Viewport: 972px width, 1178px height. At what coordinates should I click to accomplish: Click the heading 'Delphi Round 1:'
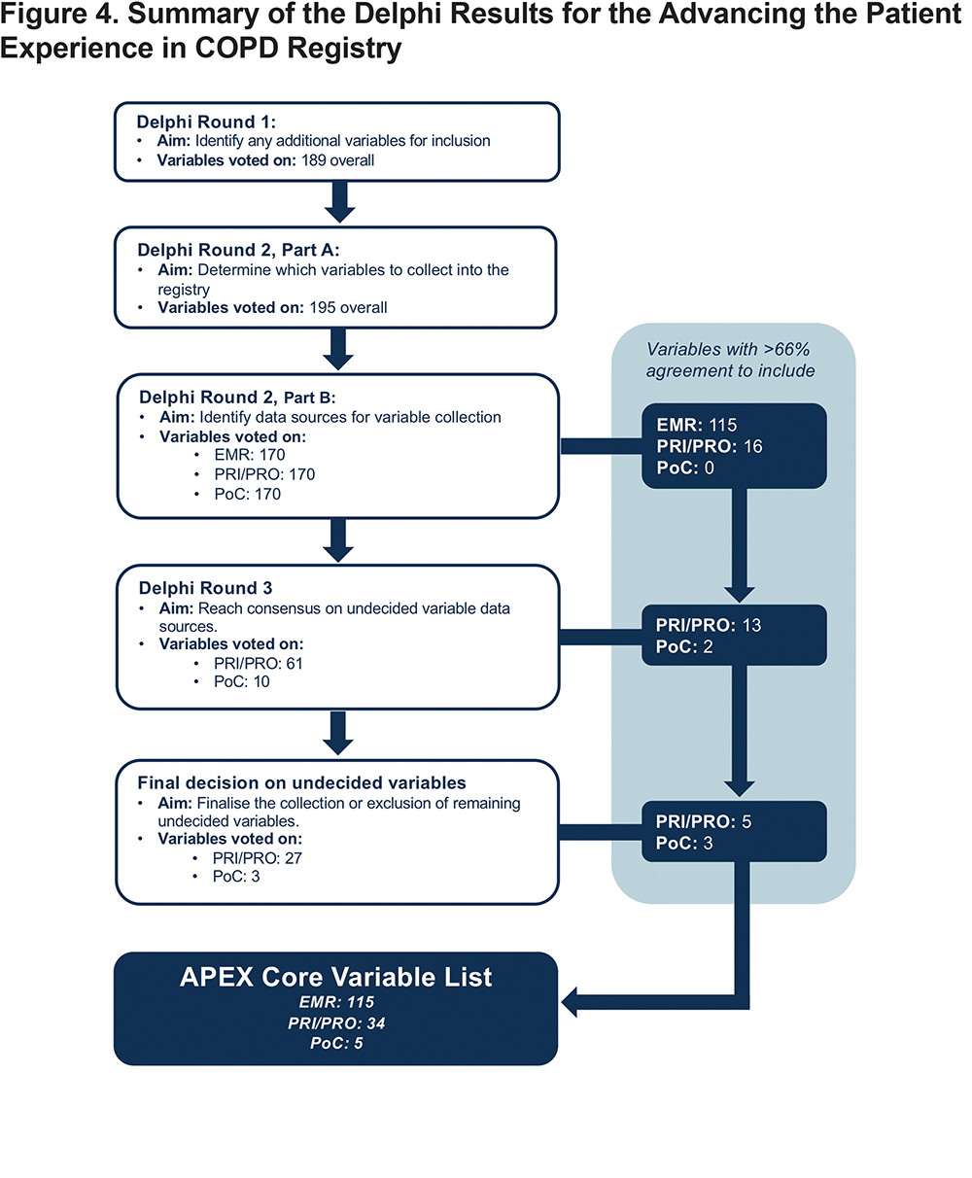click(206, 121)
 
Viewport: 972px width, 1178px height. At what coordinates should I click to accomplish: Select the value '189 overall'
click(337, 160)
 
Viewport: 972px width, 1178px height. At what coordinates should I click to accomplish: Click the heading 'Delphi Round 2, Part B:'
click(237, 398)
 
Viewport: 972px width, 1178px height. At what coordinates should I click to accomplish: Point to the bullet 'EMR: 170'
click(250, 455)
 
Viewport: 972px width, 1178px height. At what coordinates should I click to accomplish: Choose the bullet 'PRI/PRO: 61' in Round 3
click(259, 663)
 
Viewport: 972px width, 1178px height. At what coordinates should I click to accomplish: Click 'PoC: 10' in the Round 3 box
click(241, 681)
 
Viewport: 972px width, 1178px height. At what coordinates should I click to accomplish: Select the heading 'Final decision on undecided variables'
click(302, 782)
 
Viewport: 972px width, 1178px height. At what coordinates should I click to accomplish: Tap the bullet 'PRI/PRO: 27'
click(258, 858)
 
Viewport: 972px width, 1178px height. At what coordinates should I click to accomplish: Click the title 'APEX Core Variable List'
click(336, 977)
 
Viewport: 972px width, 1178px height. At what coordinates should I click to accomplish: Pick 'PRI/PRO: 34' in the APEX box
click(336, 1022)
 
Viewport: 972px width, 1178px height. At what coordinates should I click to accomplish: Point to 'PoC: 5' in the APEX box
click(336, 1043)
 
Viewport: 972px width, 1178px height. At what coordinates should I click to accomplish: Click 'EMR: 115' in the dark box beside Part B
click(697, 425)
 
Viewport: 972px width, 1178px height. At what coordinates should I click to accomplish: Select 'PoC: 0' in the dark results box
click(685, 468)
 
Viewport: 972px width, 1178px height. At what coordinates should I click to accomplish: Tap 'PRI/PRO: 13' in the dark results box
click(708, 625)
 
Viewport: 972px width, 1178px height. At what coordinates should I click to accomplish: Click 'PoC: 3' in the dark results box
click(683, 843)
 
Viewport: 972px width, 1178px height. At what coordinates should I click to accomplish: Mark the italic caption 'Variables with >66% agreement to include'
click(730, 360)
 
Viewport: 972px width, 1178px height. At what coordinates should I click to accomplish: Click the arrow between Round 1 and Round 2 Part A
click(339, 202)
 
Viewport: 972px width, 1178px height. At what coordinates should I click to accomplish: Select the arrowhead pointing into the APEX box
click(570, 1002)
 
